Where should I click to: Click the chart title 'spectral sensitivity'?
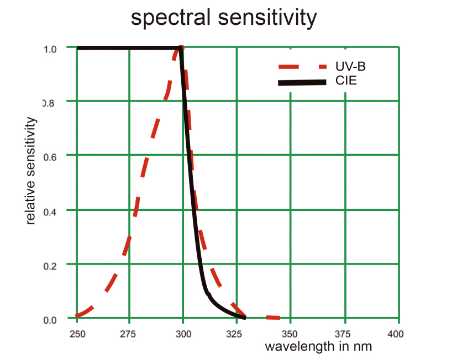pos(224,18)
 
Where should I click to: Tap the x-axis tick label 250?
pos(77,334)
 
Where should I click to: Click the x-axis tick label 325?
pos(236,334)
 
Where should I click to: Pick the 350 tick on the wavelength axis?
pos(290,334)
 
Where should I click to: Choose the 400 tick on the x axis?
pos(396,334)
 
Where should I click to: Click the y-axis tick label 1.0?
pos(50,49)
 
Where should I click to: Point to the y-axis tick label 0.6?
pos(50,156)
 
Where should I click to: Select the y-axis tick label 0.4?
pos(50,211)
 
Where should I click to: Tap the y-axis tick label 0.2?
pos(50,264)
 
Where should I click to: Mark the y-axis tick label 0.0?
pos(50,320)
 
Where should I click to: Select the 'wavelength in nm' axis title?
pos(318,347)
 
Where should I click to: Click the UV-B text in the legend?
pos(351,67)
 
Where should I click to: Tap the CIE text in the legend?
pos(346,82)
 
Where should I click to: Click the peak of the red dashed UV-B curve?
pos(180,49)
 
